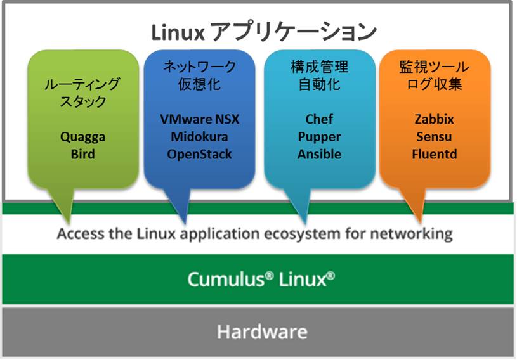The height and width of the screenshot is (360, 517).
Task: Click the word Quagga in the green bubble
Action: point(83,136)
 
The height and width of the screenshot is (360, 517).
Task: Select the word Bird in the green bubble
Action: point(83,154)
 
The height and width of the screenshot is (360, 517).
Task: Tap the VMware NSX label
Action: point(200,119)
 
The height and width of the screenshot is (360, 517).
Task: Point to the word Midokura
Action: point(200,137)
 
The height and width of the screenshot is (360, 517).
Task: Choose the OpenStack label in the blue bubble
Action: point(200,154)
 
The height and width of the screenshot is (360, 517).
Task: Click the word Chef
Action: point(319,119)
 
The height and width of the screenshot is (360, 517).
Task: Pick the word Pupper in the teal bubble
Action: point(319,137)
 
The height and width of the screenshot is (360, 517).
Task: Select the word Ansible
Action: point(319,154)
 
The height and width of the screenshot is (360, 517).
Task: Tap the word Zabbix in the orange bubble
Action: point(435,119)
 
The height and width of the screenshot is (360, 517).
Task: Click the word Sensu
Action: point(435,137)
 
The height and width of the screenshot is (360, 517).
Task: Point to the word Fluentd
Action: point(435,154)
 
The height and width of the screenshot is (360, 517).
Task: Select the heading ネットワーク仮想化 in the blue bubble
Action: point(200,75)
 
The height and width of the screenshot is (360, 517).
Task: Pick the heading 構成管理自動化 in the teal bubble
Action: point(319,75)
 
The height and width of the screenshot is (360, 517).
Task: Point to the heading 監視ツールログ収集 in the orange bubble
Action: point(435,75)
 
